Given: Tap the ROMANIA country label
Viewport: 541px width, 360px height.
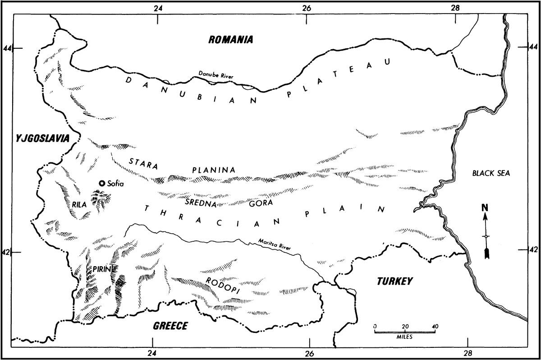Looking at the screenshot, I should coord(231,40).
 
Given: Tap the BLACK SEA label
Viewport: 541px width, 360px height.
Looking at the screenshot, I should coord(490,173).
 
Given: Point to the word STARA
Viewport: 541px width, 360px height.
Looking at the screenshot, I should coord(143,163).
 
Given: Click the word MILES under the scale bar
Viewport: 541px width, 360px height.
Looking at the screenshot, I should coord(405,337).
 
